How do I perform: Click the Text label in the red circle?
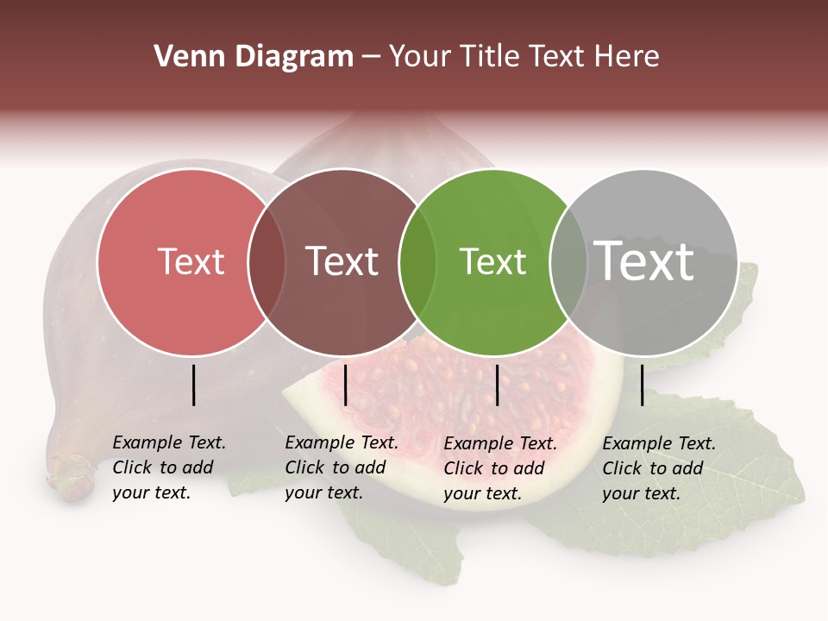191,261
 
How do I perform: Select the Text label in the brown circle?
342,261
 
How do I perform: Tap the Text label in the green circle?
492,261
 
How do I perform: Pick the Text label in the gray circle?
643,260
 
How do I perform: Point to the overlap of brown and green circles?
417,262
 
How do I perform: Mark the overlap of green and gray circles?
568,262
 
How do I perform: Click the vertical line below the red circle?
193,385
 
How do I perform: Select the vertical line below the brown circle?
345,385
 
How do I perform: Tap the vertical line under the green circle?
497,385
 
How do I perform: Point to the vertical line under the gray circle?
642,385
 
